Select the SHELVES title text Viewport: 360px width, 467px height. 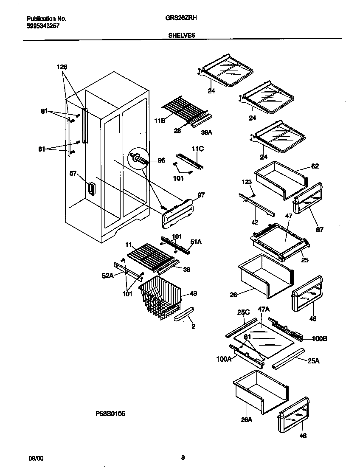179,36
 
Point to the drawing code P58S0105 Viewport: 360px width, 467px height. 110,413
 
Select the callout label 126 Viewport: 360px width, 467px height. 62,67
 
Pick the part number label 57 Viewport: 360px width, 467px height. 73,173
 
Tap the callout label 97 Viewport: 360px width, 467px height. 201,195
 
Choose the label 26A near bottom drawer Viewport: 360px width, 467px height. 246,420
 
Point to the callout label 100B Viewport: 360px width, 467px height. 319,338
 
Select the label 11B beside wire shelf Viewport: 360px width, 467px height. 160,121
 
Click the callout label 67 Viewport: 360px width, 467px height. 319,230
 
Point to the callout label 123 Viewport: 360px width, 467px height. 247,182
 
